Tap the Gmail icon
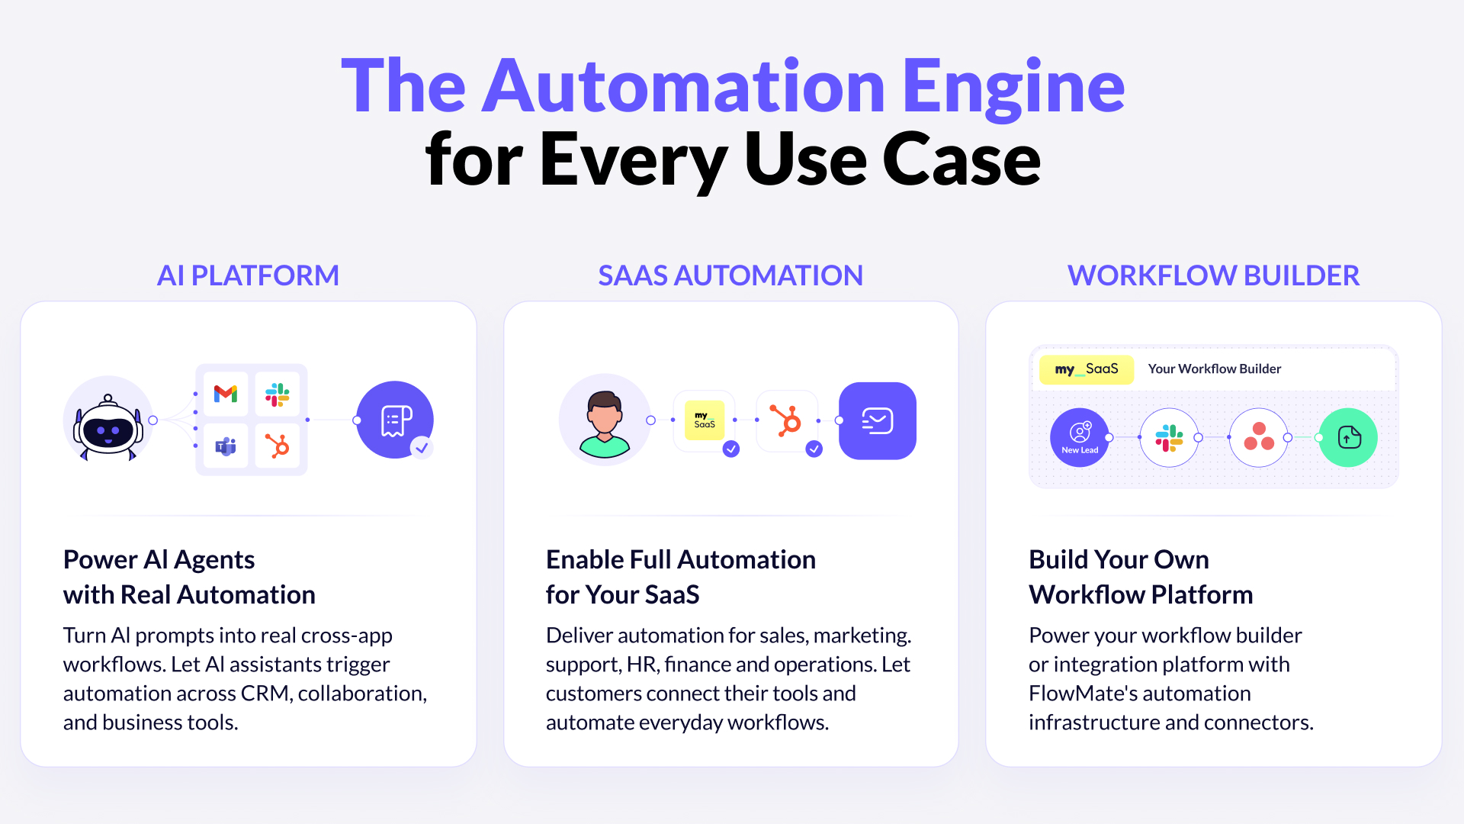point(226,394)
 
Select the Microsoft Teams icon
point(226,446)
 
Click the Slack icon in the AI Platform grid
point(278,394)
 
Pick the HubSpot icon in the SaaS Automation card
point(786,421)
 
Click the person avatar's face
point(605,416)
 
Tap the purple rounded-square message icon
point(878,421)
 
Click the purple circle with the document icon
point(395,420)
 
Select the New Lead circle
point(1080,437)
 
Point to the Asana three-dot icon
point(1259,437)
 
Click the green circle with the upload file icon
point(1348,437)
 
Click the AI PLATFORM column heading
point(248,275)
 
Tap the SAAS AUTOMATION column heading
point(730,275)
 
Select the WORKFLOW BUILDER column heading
point(1213,275)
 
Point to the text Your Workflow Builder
point(1215,369)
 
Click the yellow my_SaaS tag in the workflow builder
point(1087,369)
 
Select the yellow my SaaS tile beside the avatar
point(705,420)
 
